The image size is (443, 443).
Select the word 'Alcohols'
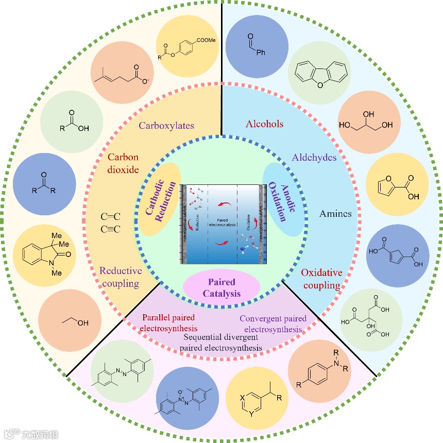point(265,124)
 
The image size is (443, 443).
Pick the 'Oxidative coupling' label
point(320,278)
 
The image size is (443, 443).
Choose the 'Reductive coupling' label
point(120,277)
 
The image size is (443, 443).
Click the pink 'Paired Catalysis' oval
point(221,287)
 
